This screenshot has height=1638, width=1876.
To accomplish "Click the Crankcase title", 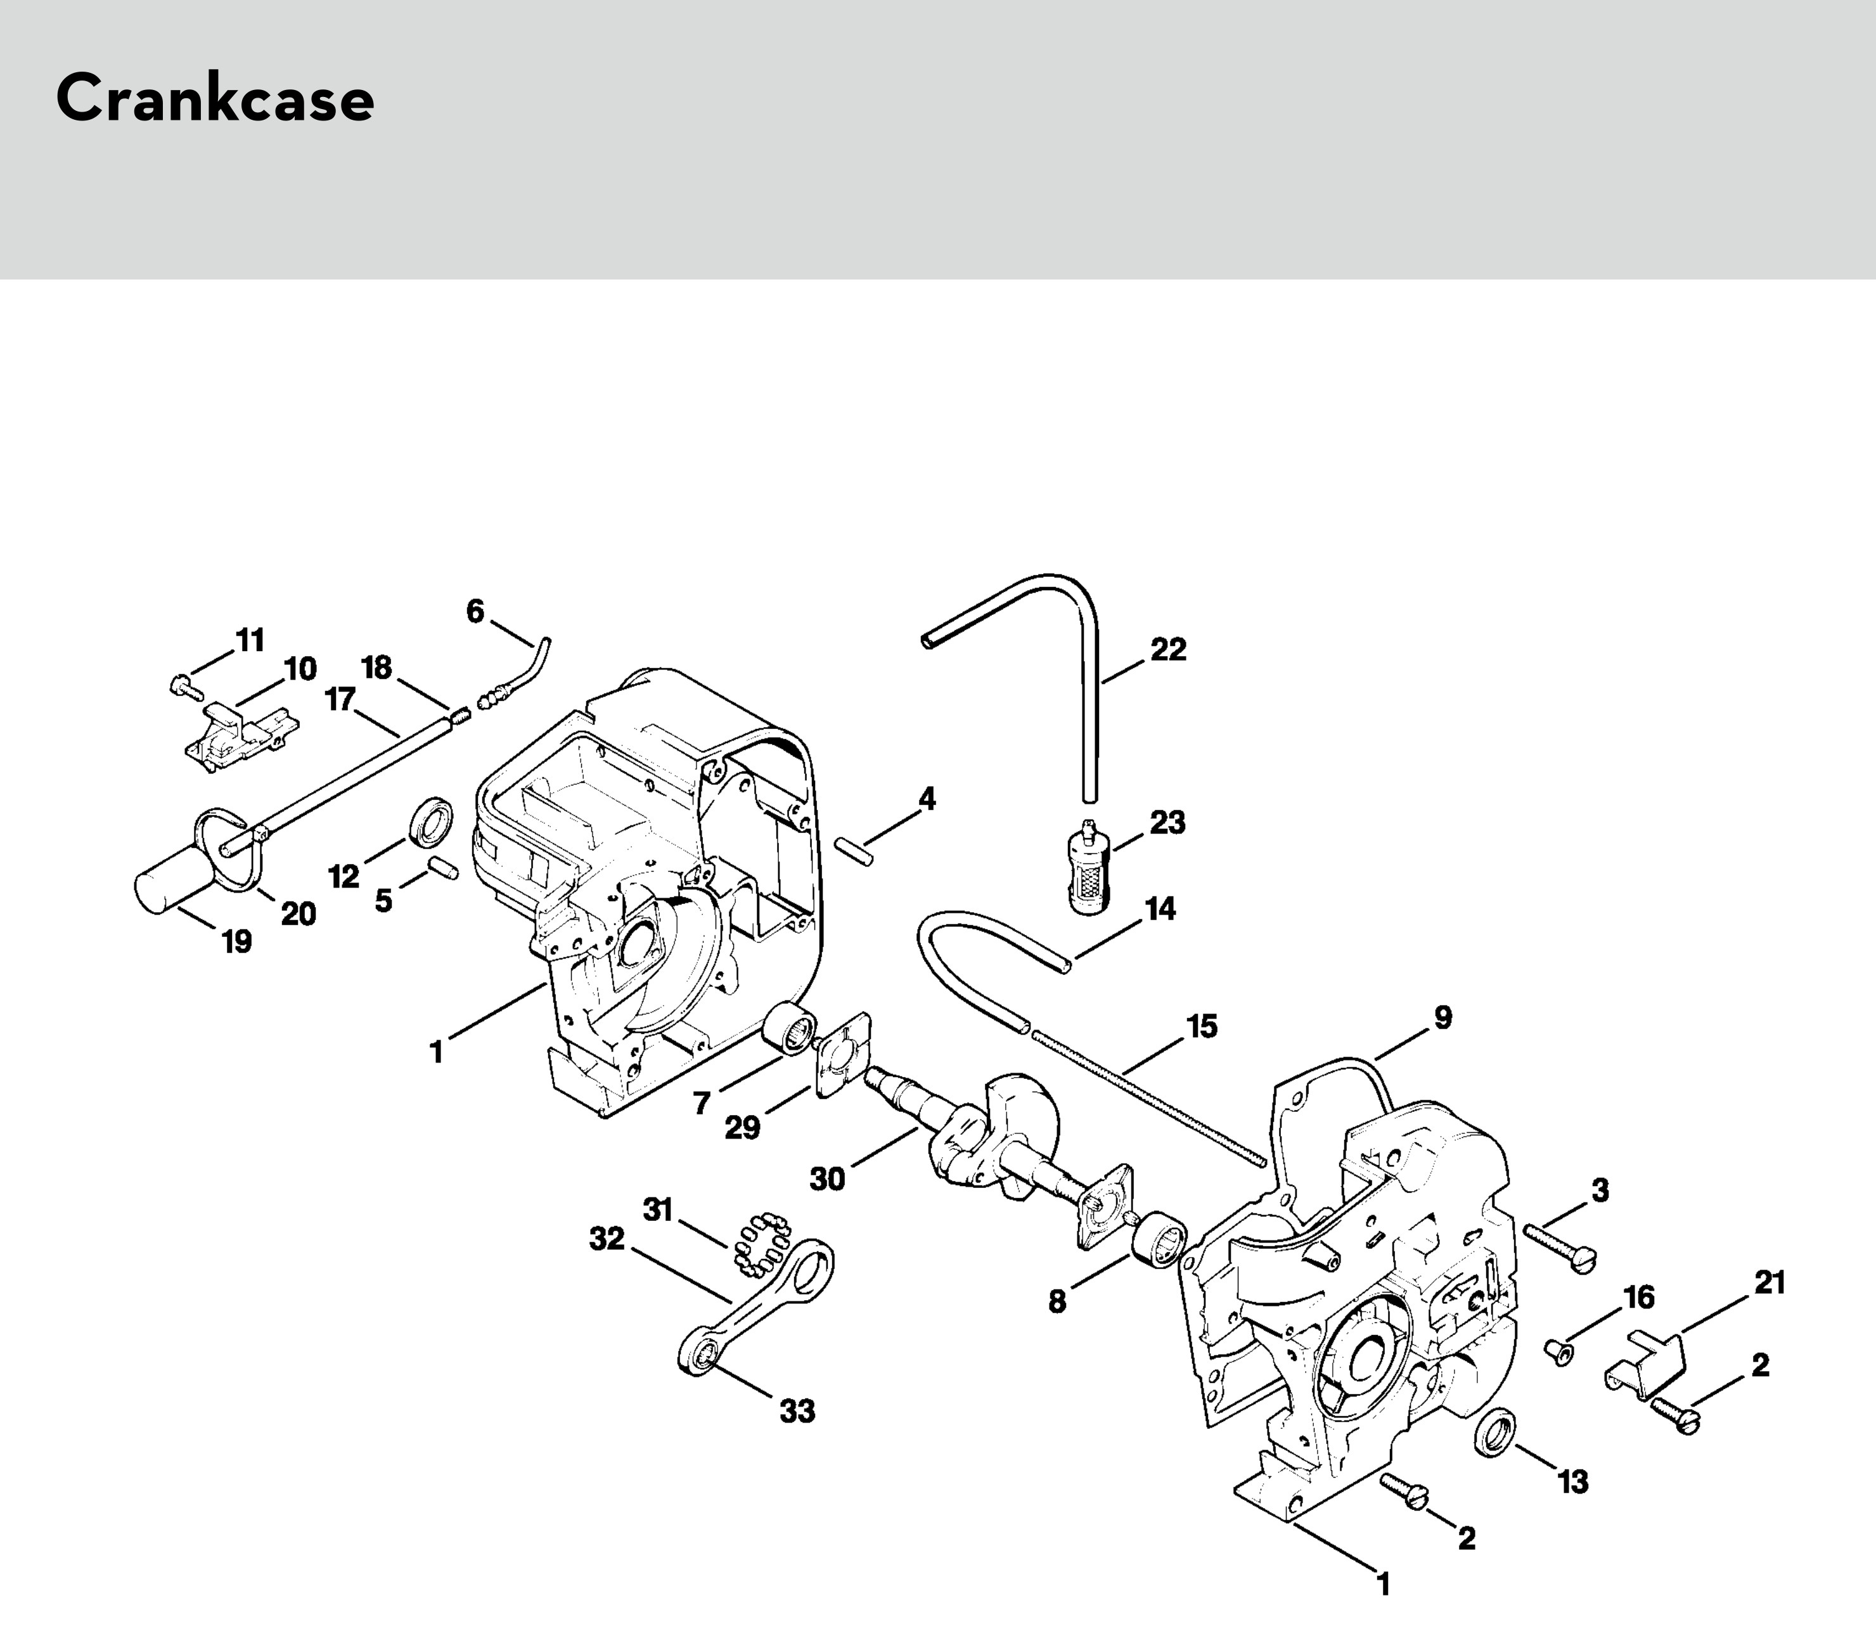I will pyautogui.click(x=215, y=99).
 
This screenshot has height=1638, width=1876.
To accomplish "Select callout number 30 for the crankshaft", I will pyautogui.click(x=827, y=1179).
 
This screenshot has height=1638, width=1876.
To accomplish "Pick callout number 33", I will pyautogui.click(x=797, y=1411).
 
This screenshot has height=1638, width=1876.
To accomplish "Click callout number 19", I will pyautogui.click(x=236, y=941).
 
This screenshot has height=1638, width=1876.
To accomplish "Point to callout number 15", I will pyautogui.click(x=1202, y=1026).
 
